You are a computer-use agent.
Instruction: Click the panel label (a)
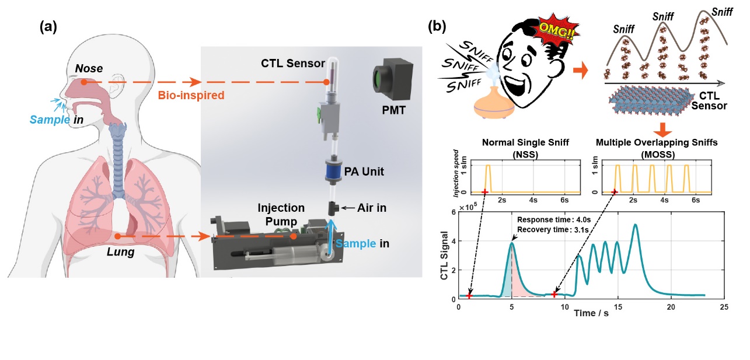[x=50, y=27]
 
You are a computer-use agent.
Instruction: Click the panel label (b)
[x=438, y=27]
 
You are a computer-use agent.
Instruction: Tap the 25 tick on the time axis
[x=724, y=306]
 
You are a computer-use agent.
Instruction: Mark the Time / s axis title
[x=592, y=313]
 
